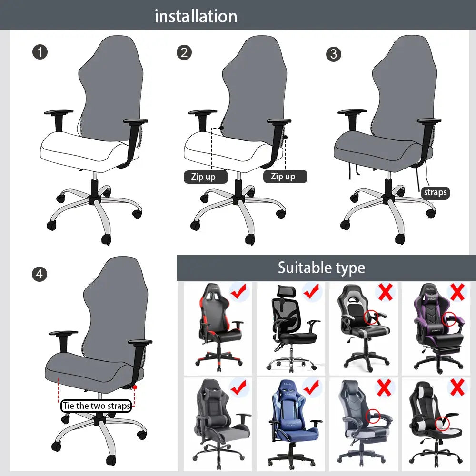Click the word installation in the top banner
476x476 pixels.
[196, 17]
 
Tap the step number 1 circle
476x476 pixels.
[40, 51]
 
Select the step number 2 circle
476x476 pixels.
[184, 52]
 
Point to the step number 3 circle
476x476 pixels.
[333, 54]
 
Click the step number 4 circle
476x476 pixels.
[40, 274]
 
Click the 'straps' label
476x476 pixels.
[435, 192]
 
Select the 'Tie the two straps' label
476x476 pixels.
[96, 406]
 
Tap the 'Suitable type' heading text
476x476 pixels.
[321, 268]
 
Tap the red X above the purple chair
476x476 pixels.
[457, 291]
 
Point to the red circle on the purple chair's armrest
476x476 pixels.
[448, 319]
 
